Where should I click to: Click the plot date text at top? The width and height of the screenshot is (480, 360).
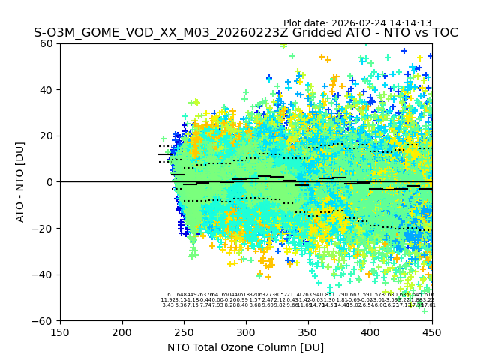tap(357, 23)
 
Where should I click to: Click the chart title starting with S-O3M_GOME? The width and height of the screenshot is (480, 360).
tap(245, 33)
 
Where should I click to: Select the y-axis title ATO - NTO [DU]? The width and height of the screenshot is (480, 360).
tap(20, 182)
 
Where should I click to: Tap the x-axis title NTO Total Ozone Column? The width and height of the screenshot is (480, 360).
tap(245, 347)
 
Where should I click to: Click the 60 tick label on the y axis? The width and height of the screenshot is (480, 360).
tap(47, 43)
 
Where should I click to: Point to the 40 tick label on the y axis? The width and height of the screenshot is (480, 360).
tap(47, 90)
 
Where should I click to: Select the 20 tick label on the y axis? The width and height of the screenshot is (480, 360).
tap(47, 136)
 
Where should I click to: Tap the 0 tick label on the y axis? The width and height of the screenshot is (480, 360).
tap(50, 182)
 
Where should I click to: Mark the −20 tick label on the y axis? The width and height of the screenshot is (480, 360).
tap(44, 228)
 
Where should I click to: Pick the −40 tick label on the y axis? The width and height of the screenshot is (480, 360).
tap(44, 274)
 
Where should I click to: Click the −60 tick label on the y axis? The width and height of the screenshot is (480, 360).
tap(44, 320)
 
